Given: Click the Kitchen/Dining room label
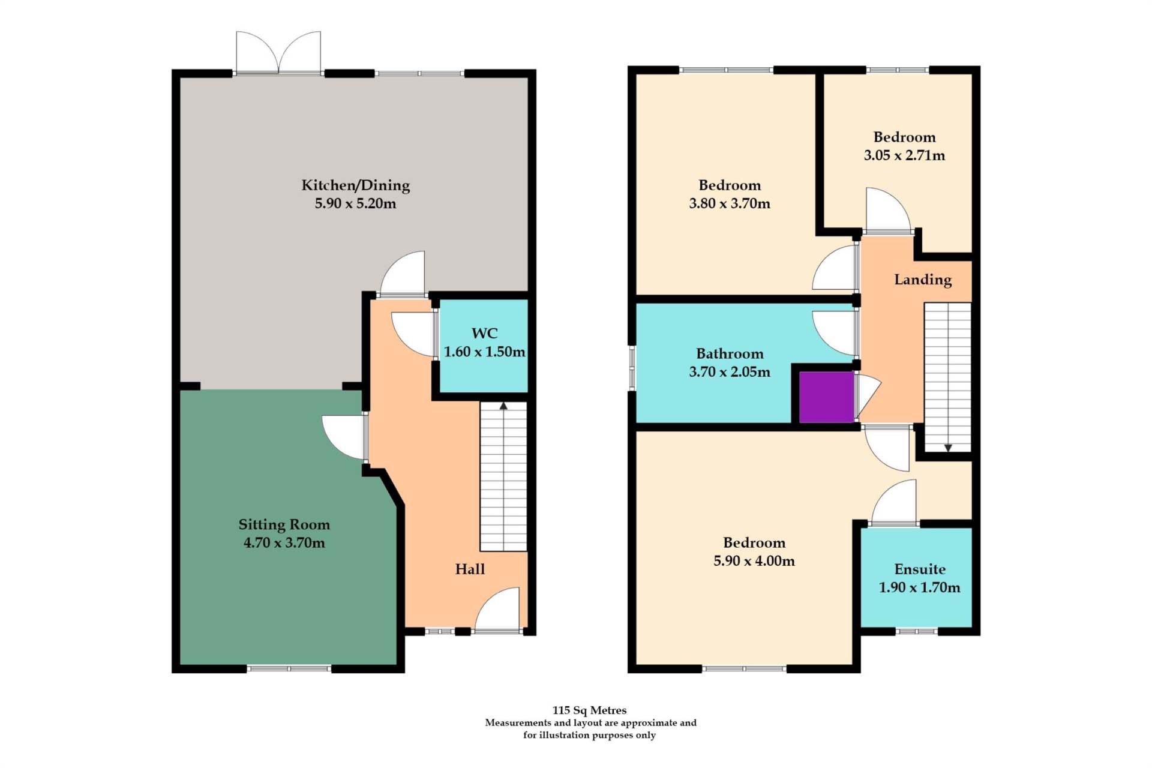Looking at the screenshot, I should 355,185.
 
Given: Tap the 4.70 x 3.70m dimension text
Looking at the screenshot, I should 284,543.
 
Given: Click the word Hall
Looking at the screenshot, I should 469,569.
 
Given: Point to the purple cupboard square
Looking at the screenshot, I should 826,397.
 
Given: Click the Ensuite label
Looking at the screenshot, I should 919,569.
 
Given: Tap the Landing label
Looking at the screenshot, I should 922,280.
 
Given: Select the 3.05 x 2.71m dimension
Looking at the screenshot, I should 904,155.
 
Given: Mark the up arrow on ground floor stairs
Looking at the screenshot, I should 503,406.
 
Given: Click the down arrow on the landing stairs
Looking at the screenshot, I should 948,448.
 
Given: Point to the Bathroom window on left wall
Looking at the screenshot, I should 632,367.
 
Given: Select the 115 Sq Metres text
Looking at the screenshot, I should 589,710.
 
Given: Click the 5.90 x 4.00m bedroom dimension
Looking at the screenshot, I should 754,561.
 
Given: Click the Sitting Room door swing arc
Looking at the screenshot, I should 343,436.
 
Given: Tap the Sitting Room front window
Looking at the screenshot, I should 289,668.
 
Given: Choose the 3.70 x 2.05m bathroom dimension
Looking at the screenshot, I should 729,372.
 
